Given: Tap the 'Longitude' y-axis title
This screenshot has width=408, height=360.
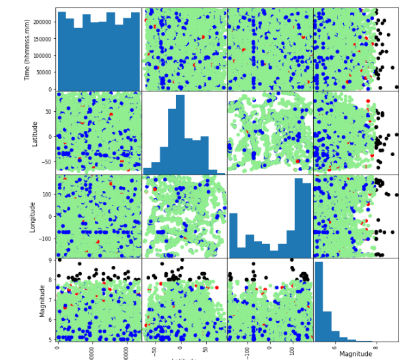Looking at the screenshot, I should (33, 216).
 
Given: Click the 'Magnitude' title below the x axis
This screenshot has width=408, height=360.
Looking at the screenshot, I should (355, 354).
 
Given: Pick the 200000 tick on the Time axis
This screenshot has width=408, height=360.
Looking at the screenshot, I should (43, 22).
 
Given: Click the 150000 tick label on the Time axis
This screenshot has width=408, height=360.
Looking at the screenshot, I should (43, 39).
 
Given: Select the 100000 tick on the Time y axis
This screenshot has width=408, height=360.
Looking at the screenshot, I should (43, 56).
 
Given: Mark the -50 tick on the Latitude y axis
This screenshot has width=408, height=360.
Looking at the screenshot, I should (48, 162).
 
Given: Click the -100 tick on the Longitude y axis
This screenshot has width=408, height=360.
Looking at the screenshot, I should (45, 239).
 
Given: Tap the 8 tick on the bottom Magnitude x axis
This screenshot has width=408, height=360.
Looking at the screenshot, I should (376, 347).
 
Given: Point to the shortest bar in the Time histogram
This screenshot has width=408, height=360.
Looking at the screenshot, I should (78, 59).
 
